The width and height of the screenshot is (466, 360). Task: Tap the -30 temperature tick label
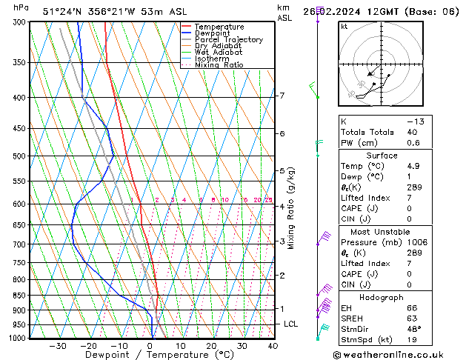tap(58, 345)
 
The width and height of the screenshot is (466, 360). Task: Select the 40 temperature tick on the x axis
tap(273, 345)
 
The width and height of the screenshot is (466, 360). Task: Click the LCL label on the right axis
tap(291, 324)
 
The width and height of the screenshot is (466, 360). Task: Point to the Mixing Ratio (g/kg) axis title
tap(292, 208)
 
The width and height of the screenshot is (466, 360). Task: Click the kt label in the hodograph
tap(344, 26)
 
